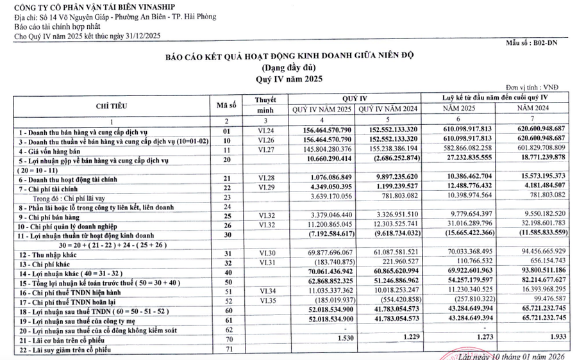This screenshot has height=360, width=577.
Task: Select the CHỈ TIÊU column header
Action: click(x=111, y=105)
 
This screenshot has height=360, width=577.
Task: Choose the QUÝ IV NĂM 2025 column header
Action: click(x=322, y=110)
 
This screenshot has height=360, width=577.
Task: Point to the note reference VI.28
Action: click(x=265, y=178)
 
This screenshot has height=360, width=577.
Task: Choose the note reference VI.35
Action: click(x=265, y=302)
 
